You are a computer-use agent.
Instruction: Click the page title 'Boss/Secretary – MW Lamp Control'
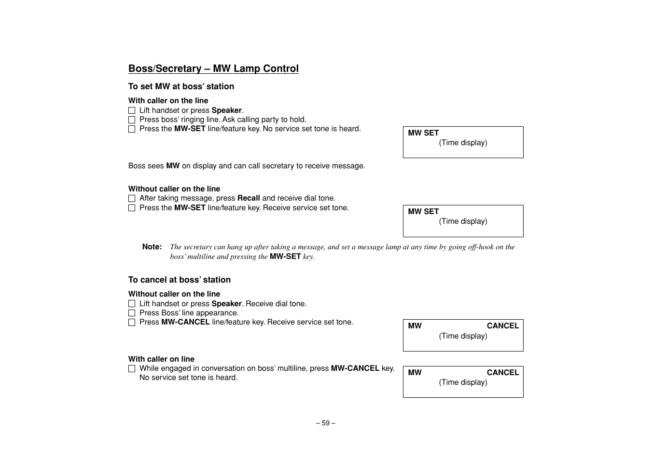213,68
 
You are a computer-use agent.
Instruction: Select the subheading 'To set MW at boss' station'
181,86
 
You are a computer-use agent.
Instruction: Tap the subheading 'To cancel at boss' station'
180,280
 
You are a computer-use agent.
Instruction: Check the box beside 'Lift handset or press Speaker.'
132,110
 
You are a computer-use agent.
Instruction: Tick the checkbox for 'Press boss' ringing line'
132,120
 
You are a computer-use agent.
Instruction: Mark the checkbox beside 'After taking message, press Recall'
132,198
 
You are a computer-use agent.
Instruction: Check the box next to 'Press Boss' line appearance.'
132,313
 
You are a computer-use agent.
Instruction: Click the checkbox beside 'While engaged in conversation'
132,368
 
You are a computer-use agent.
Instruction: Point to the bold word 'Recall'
249,198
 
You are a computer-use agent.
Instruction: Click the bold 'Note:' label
152,247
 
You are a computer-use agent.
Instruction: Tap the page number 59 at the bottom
326,423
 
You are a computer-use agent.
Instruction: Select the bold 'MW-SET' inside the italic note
285,257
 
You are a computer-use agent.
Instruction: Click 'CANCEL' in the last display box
502,372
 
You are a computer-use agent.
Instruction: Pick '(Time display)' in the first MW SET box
463,143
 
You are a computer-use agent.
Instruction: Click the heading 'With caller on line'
161,359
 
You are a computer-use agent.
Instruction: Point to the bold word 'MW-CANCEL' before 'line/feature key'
185,322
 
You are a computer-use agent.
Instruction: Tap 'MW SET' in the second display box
423,211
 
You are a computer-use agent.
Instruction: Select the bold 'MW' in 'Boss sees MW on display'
173,166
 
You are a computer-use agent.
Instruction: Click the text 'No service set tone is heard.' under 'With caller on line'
188,378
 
